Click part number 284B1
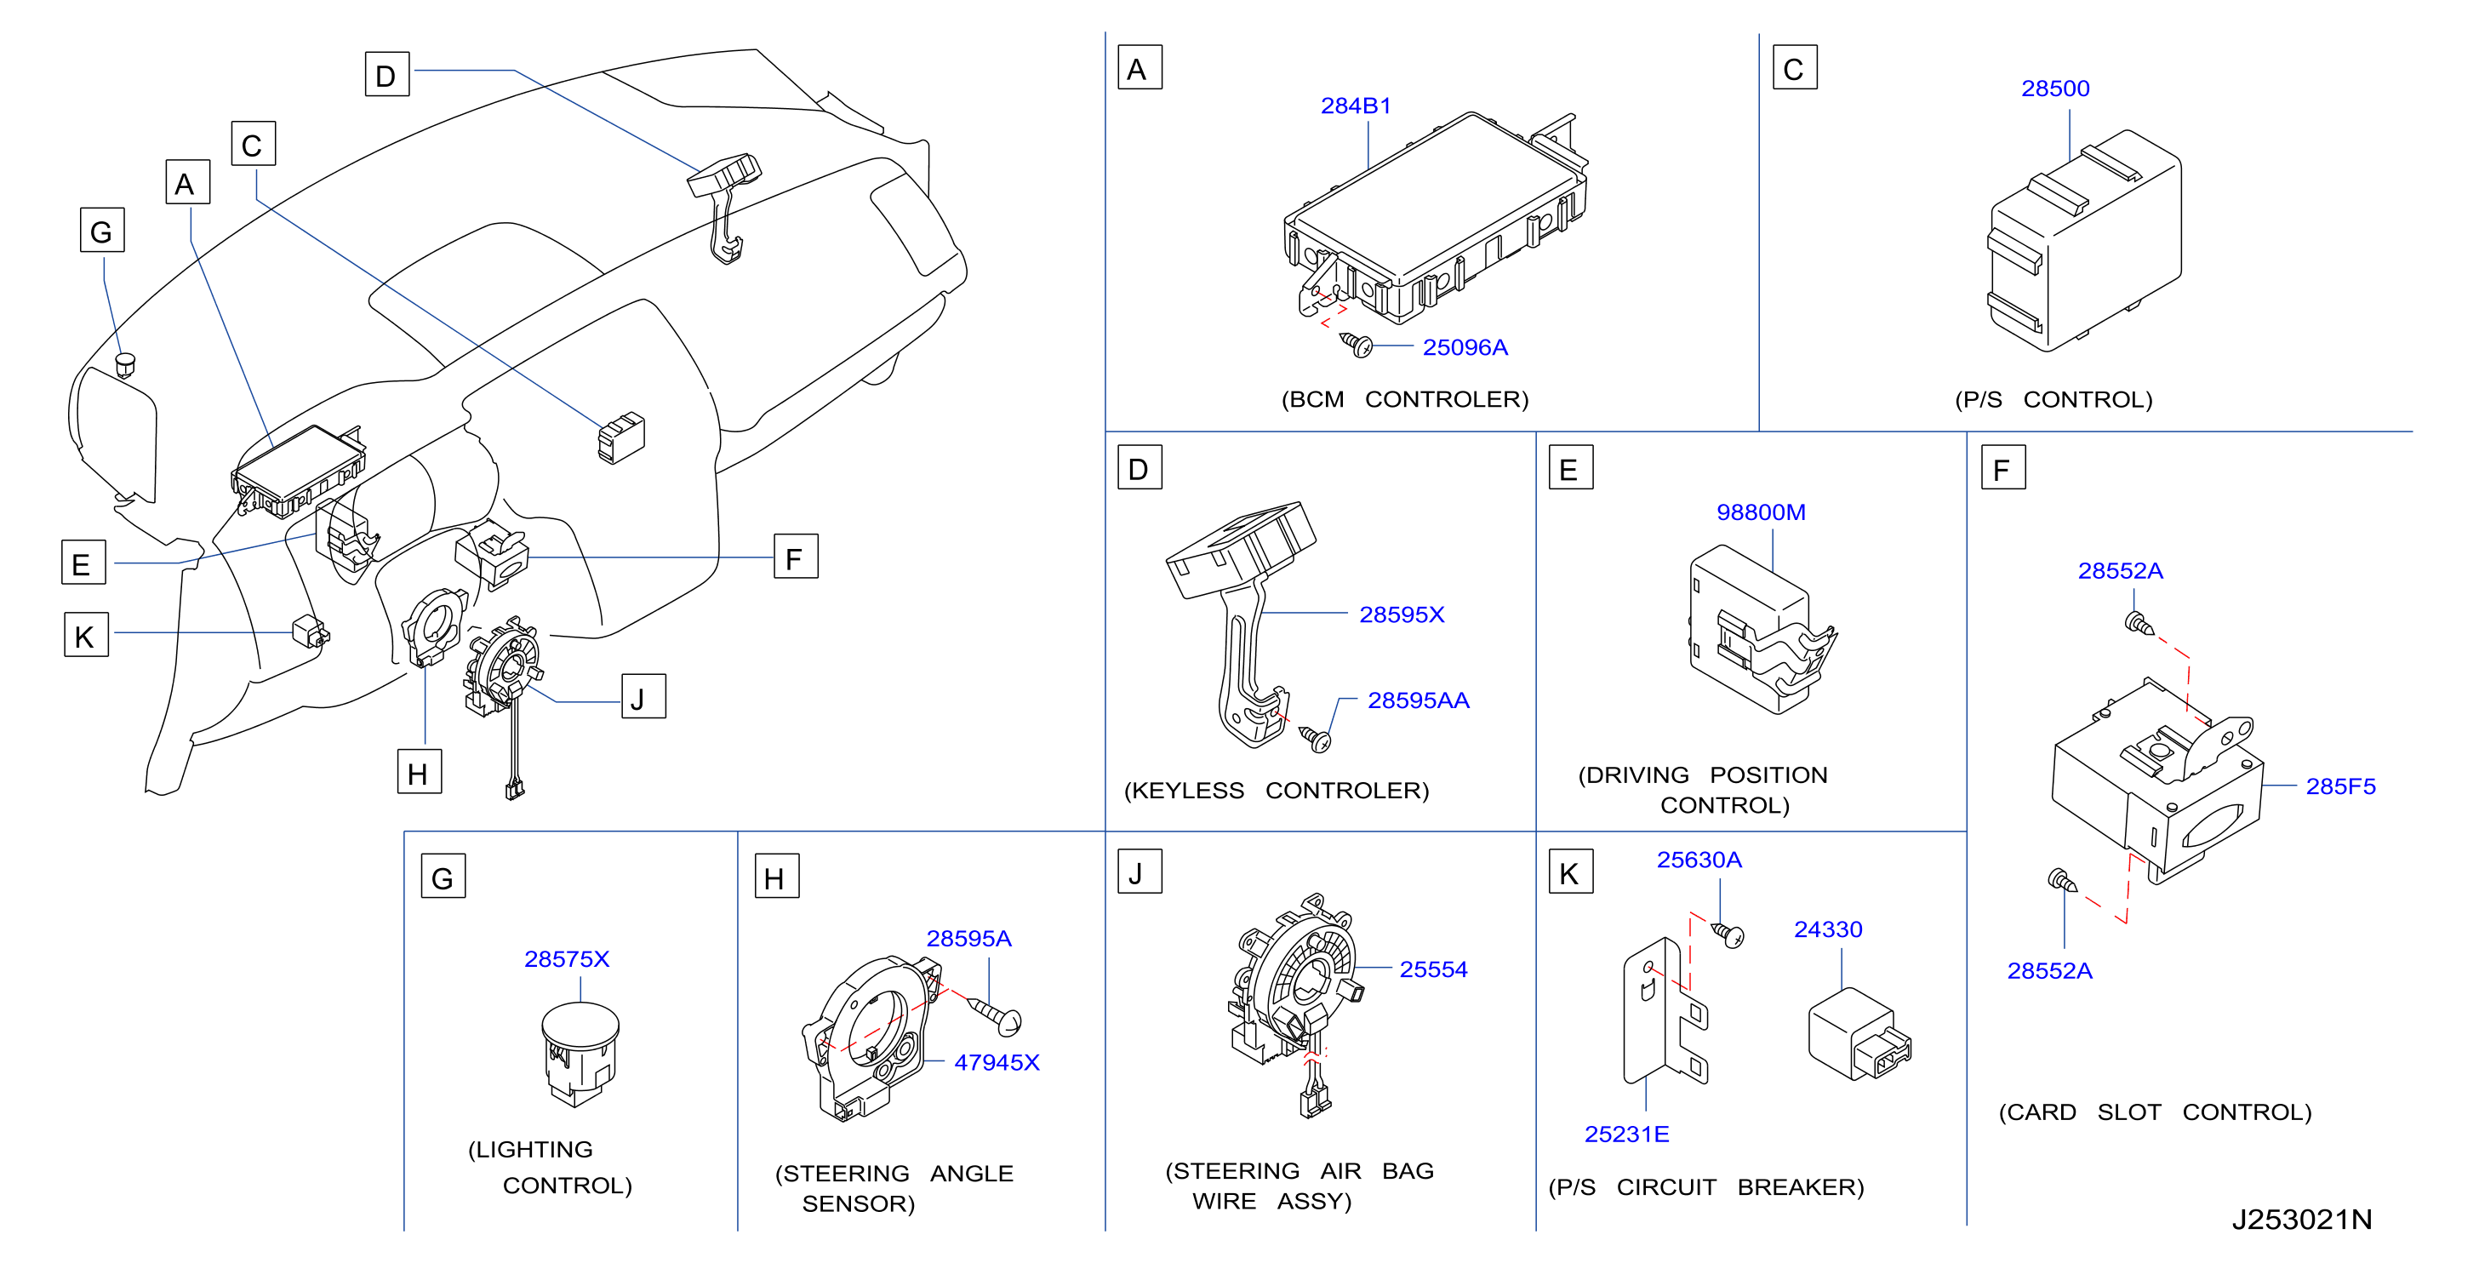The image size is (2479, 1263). (1355, 106)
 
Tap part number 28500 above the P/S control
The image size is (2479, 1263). (2054, 89)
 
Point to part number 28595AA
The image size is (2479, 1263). (1419, 700)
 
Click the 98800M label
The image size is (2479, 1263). (1760, 512)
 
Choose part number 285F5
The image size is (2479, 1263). (2339, 786)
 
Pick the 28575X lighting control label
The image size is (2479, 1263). (567, 959)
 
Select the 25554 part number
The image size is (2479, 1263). (1433, 969)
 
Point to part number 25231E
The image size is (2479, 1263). (1626, 1134)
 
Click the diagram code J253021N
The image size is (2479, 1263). (2301, 1220)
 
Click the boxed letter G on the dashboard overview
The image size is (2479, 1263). (102, 230)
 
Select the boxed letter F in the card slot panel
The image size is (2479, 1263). (2002, 468)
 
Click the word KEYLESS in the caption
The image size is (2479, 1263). (1184, 791)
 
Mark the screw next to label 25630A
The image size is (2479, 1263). (1728, 934)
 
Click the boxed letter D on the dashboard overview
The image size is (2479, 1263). (387, 74)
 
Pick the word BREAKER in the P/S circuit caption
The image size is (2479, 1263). (1800, 1187)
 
